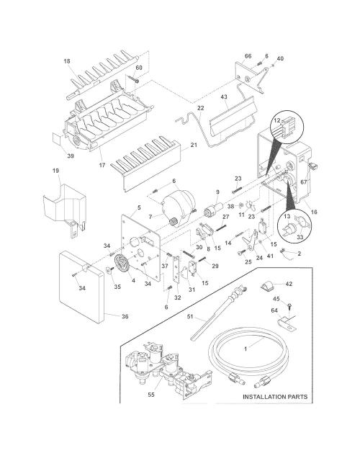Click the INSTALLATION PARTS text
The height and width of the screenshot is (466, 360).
point(275,397)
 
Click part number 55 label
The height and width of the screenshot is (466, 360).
point(151,395)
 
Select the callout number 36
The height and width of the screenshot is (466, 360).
point(125,316)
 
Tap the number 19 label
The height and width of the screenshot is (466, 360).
point(55,171)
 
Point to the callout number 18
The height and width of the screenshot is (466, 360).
point(67,61)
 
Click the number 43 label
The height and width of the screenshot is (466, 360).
point(224,97)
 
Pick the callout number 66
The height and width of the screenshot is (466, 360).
point(248,56)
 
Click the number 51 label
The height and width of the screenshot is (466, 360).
point(190,316)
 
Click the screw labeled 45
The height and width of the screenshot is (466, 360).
point(289,306)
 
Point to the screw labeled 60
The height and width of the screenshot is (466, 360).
point(134,79)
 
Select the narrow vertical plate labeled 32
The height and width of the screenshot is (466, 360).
point(177,269)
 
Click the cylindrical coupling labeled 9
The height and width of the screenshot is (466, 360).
point(213,209)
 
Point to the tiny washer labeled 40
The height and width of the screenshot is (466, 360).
point(273,65)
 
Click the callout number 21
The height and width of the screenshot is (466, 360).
point(194,145)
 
